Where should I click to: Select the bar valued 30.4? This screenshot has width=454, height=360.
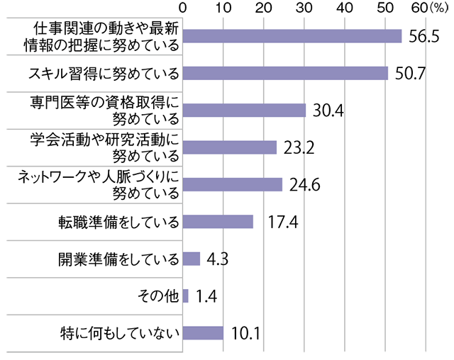[x=244, y=111]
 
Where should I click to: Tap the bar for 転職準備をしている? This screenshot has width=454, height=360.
[x=218, y=222]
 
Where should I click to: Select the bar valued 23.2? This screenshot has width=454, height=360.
[x=230, y=147]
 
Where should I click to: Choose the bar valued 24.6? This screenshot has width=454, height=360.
[x=233, y=184]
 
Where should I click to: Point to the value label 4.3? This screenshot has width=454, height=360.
[x=216, y=259]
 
